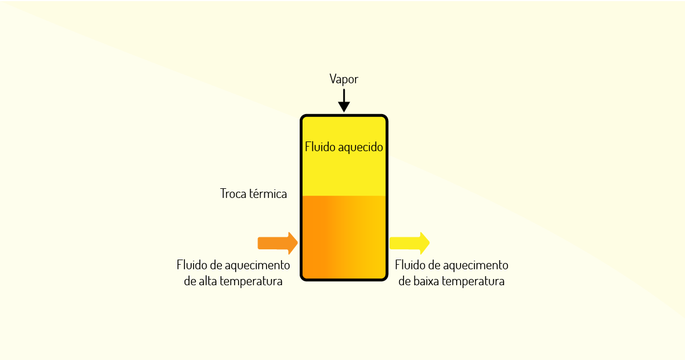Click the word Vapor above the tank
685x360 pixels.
pos(344,79)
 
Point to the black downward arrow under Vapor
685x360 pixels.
pos(344,100)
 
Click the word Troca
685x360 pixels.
pos(233,194)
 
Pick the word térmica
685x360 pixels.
pos(268,194)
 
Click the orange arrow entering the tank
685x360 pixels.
pos(277,243)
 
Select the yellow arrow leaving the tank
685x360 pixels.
pos(410,243)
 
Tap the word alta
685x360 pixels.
pos(208,281)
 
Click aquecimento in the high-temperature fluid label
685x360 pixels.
pos(257,265)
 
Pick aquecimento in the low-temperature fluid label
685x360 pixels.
pos(476,265)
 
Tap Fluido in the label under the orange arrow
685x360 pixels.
pos(192,265)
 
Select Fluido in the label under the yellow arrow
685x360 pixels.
pos(410,265)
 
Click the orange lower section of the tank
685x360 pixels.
pos(344,237)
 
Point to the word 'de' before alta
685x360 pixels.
pos(190,281)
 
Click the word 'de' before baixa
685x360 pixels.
pos(405,281)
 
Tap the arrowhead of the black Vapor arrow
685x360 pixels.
pos(344,107)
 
